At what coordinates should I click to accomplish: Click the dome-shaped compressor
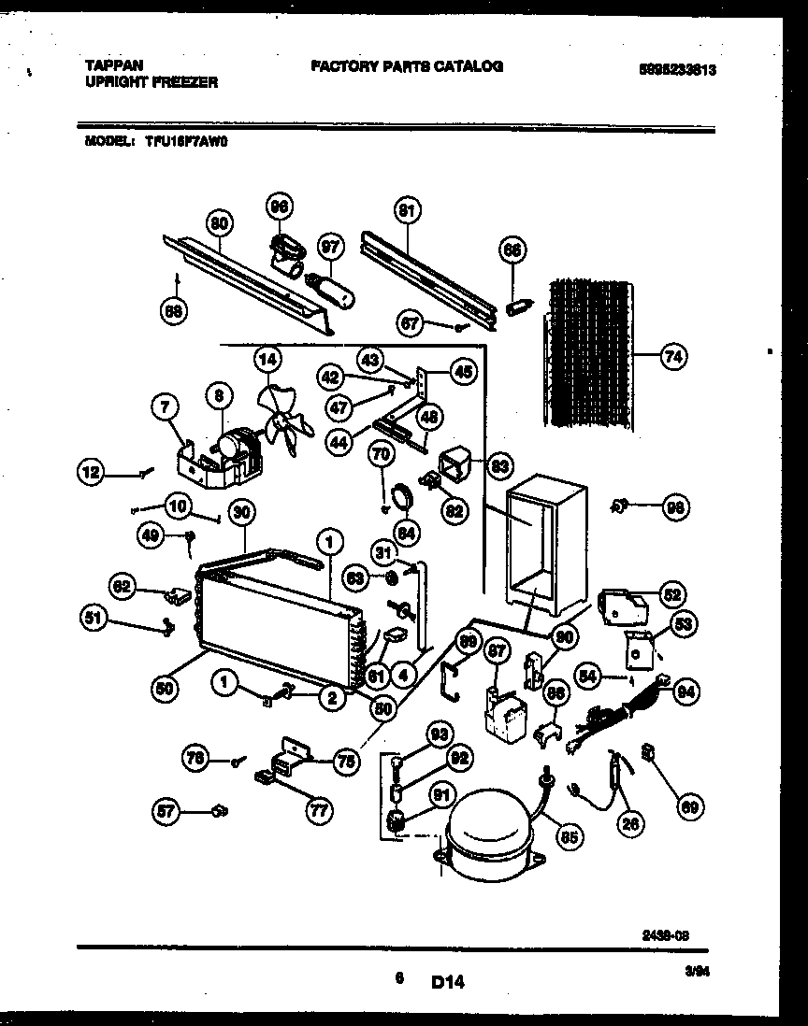[x=487, y=834]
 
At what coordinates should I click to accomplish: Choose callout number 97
[x=330, y=247]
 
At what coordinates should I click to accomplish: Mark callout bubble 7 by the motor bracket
[x=164, y=406]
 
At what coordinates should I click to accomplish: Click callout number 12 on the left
[x=92, y=474]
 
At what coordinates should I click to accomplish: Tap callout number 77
[x=320, y=810]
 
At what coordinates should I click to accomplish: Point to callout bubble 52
[x=670, y=594]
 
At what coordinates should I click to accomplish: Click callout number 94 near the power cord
[x=686, y=691]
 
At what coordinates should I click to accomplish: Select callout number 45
[x=462, y=371]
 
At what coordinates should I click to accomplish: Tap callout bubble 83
[x=499, y=464]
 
